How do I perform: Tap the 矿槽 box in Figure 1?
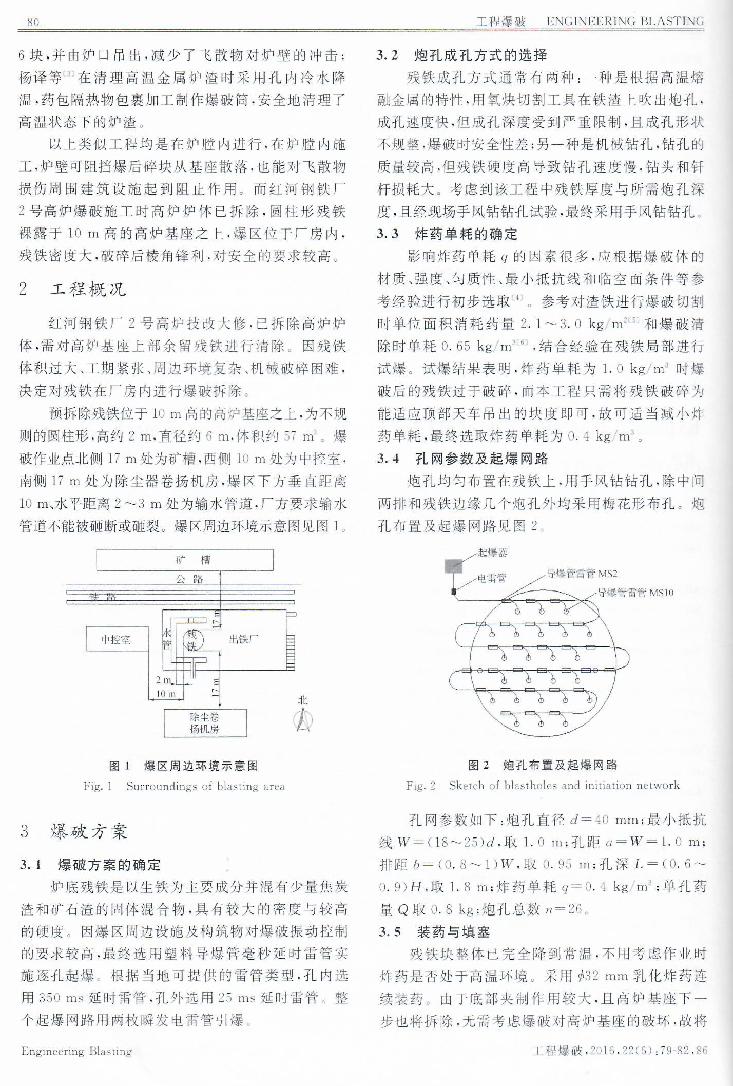tap(185, 559)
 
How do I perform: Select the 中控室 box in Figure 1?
tap(117, 639)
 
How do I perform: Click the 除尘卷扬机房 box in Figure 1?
tap(205, 723)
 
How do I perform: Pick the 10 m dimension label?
tap(165, 694)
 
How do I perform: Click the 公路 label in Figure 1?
tap(189, 579)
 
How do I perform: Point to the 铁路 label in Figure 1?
tap(103, 597)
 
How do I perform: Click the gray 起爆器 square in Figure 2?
tap(454, 565)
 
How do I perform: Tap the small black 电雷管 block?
tap(453, 592)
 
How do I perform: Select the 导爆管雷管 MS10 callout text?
tap(635, 593)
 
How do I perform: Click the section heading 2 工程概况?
tap(72, 290)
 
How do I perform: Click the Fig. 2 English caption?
tap(543, 785)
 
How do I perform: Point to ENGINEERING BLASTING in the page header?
tap(625, 22)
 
